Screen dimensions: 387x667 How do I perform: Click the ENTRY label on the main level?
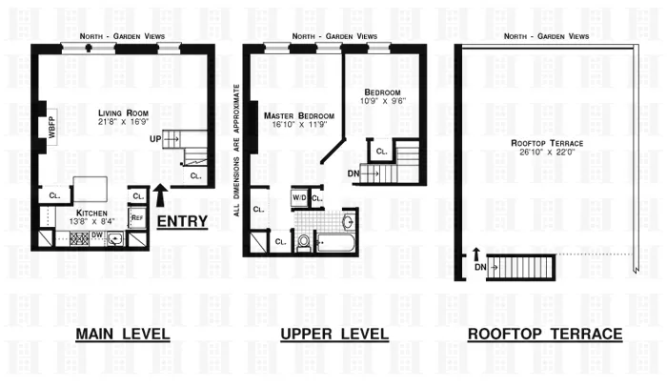tap(184, 221)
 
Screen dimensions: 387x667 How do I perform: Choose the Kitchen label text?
tap(92, 214)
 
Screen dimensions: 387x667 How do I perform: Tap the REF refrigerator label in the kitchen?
tap(136, 218)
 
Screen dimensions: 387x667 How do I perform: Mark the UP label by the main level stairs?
tap(152, 139)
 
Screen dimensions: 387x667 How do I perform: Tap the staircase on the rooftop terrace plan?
tap(520, 266)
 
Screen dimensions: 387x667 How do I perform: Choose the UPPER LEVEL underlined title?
tap(333, 335)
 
